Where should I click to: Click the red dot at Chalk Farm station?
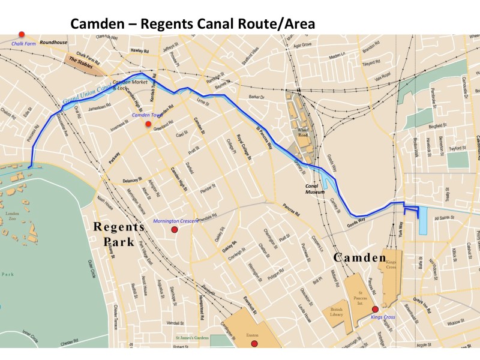[x=22, y=34]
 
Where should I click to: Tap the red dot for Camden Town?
[x=148, y=124]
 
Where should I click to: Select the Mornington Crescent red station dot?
[x=175, y=230]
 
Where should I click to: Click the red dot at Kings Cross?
[x=375, y=309]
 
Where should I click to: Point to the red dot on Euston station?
[x=254, y=344]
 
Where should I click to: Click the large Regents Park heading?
[x=118, y=235]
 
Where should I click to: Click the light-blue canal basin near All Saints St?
[x=423, y=220]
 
